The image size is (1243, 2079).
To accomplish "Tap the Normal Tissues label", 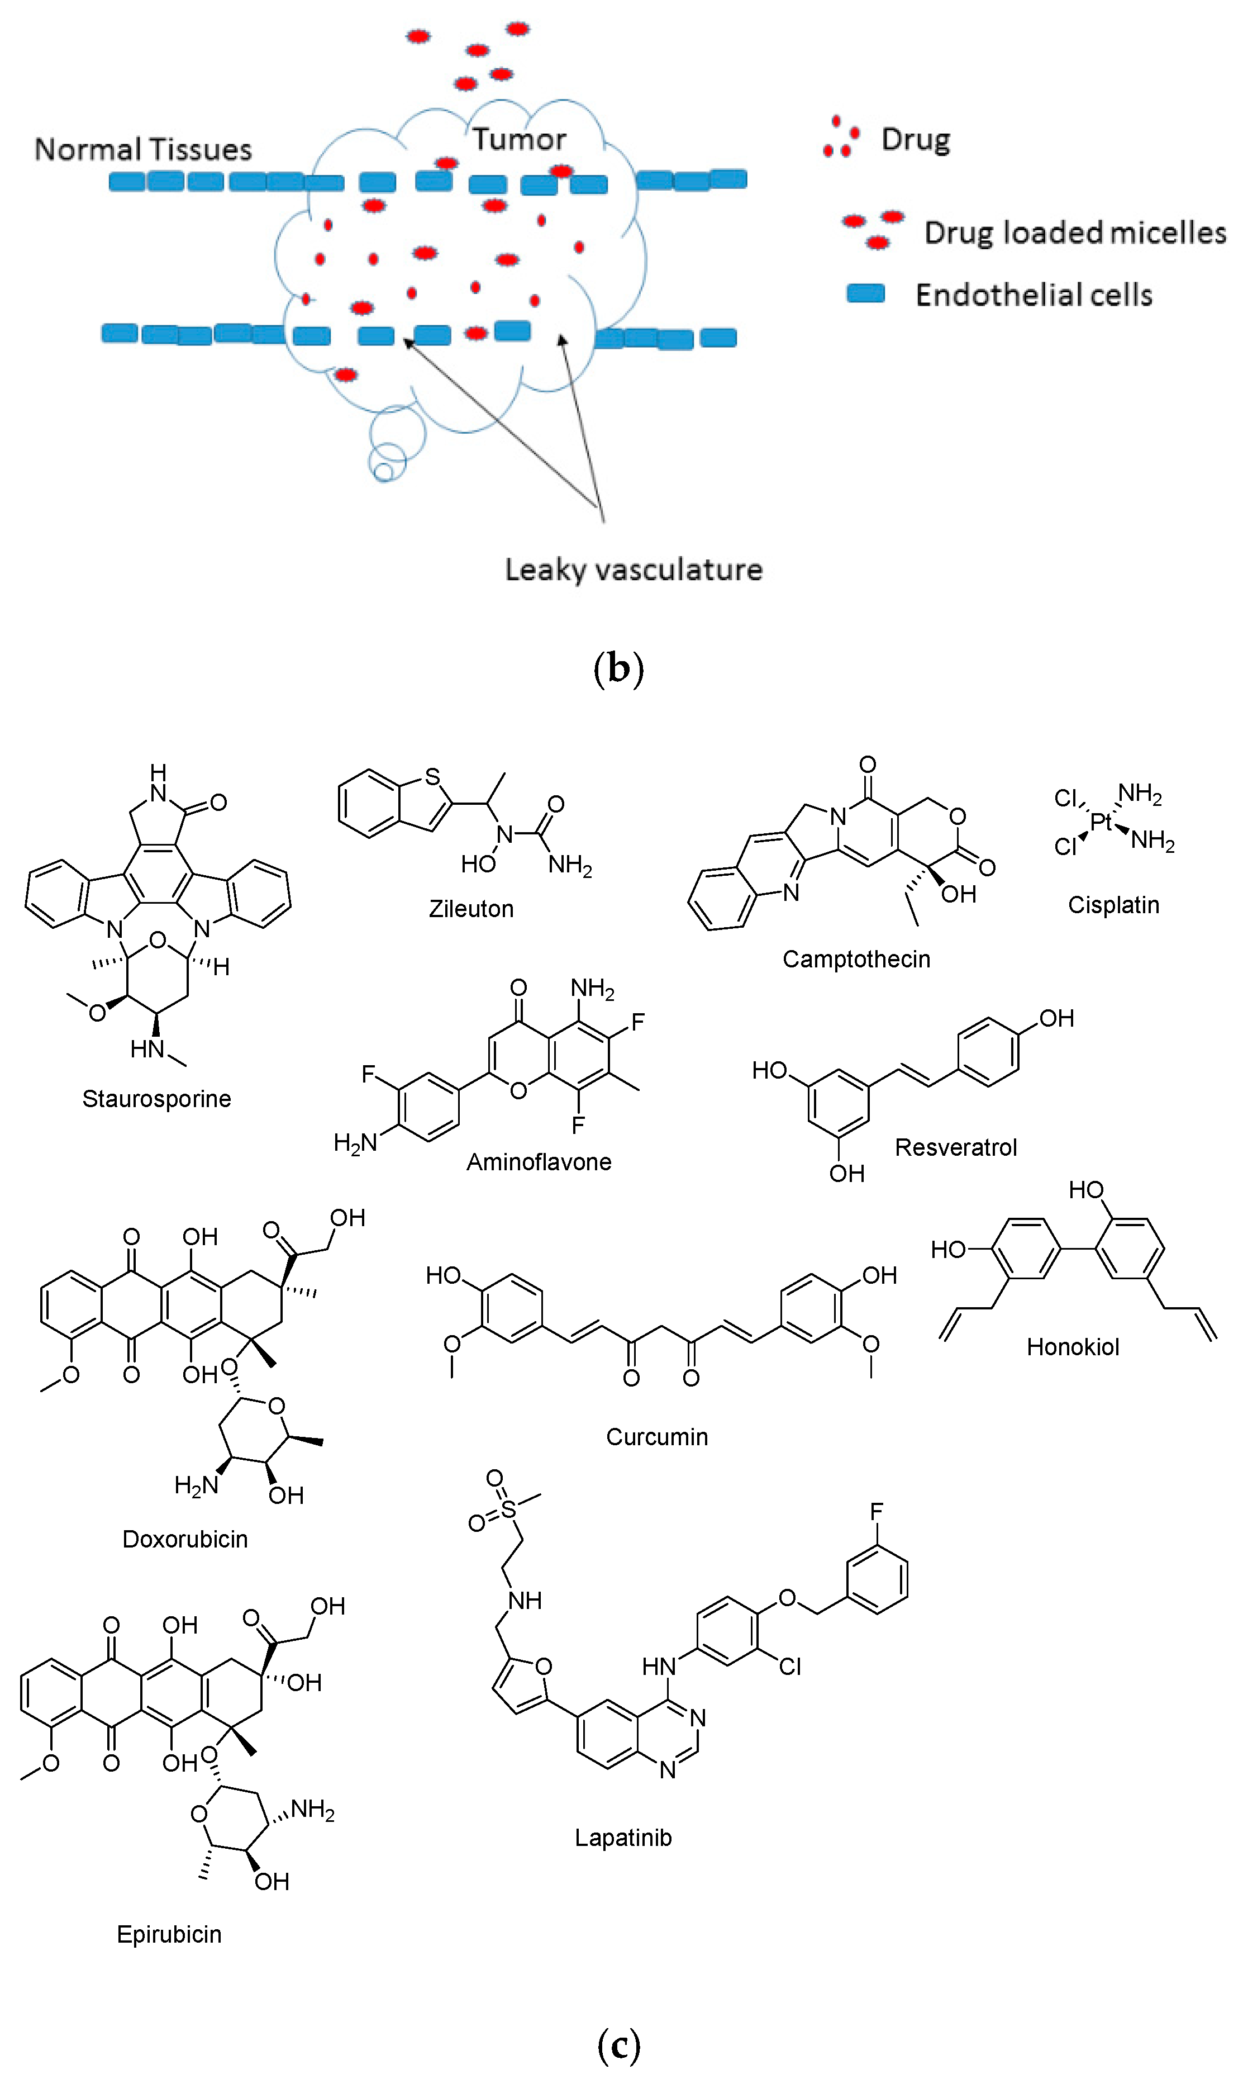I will tap(143, 150).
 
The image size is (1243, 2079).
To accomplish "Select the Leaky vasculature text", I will tap(633, 570).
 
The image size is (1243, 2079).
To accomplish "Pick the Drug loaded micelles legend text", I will tap(1075, 233).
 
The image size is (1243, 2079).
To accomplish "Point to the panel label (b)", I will tap(618, 669).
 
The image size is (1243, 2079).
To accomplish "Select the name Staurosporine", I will tap(156, 1099).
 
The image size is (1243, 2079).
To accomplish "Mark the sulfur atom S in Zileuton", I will tap(432, 777).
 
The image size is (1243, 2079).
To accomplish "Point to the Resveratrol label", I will tap(956, 1147).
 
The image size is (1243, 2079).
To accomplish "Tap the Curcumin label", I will tap(656, 1437).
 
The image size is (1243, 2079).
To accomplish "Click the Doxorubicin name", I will tap(185, 1539).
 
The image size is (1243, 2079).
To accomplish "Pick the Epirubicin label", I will tap(169, 1934).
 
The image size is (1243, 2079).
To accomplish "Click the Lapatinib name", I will tap(623, 1838).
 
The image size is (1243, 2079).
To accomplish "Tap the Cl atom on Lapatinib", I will tap(790, 1667).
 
